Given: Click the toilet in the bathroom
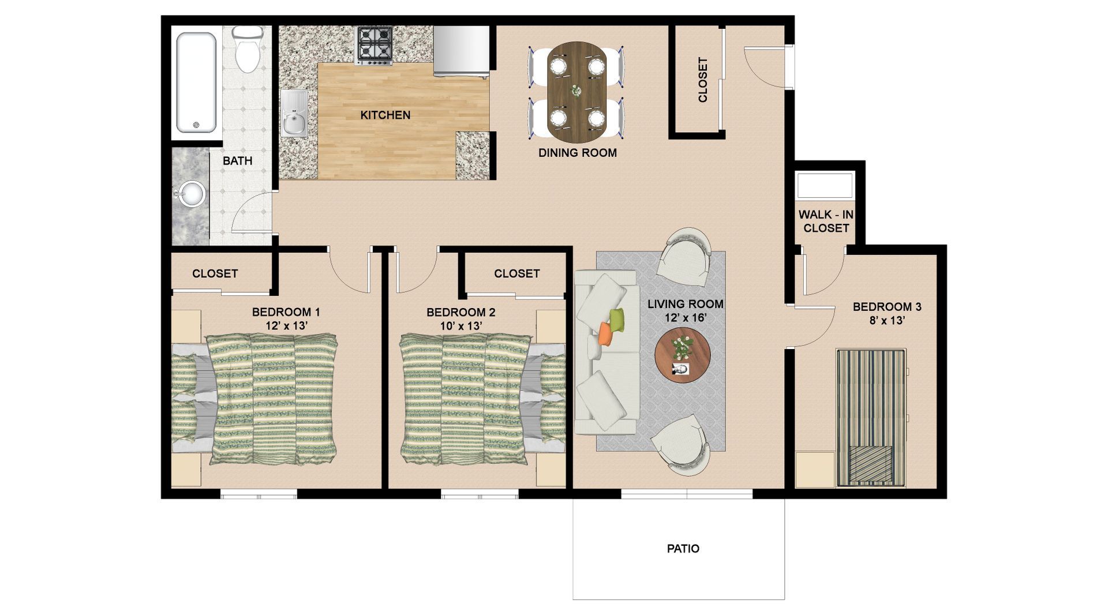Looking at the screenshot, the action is [248, 48].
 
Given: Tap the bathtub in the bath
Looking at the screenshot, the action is [197, 82].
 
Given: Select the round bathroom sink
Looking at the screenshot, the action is [191, 194].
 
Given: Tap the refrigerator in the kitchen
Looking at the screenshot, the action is [462, 51].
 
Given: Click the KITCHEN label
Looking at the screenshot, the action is [385, 115].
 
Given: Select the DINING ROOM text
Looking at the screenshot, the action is [578, 153].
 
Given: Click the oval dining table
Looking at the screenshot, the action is [577, 91].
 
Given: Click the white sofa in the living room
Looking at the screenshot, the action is [607, 352].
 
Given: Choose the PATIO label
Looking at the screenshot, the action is [683, 549].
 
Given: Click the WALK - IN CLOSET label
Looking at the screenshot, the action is [826, 222].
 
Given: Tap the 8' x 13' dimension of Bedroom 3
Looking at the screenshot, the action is [887, 320].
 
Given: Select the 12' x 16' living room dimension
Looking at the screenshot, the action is [686, 318].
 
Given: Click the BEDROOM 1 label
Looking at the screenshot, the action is [286, 312].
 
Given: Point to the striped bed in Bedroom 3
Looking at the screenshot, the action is [871, 418].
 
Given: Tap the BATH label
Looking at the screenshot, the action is [238, 161].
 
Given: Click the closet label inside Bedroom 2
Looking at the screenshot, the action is [517, 273].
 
